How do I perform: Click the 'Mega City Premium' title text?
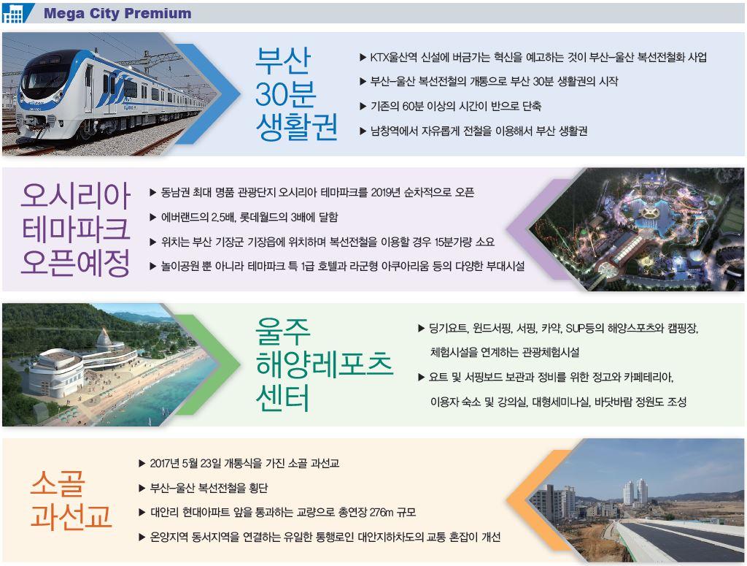pyautogui.click(x=117, y=13)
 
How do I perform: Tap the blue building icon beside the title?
pyautogui.click(x=13, y=13)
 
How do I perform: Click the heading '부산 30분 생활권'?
pyautogui.click(x=296, y=93)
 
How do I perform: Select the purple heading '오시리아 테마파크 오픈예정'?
pyautogui.click(x=76, y=229)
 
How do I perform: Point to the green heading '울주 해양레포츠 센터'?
pyautogui.click(x=325, y=364)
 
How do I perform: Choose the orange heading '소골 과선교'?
pyautogui.click(x=71, y=500)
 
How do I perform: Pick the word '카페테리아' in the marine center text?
pyautogui.click(x=648, y=378)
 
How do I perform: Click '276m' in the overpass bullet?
pyautogui.click(x=381, y=513)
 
